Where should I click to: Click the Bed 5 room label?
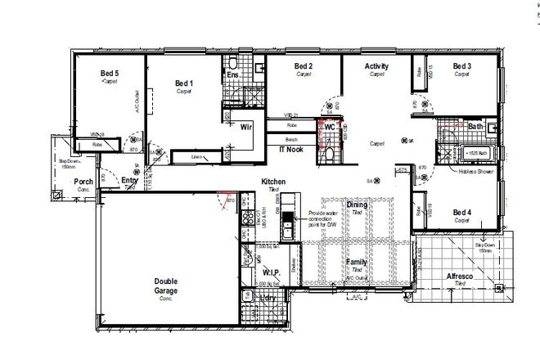(109, 74)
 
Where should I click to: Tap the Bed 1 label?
(184, 83)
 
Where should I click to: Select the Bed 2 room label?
(304, 66)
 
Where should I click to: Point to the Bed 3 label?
(462, 66)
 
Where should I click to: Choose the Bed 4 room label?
(462, 213)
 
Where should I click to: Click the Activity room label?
(376, 66)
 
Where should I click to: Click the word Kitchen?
(272, 181)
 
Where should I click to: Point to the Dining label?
(356, 205)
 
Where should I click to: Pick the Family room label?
(356, 262)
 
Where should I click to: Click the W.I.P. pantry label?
(272, 272)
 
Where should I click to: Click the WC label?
(330, 128)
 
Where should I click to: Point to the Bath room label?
(476, 126)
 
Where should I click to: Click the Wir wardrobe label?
(245, 127)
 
